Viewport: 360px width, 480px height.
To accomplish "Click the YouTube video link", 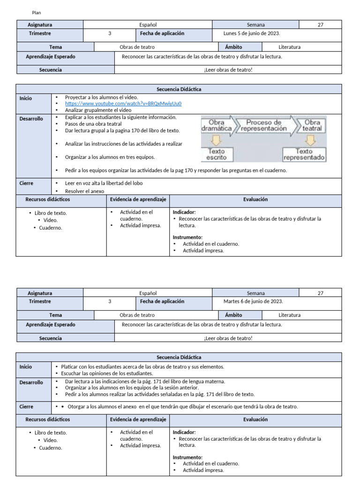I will [x=123, y=104].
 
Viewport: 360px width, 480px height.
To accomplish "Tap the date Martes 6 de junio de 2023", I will [x=253, y=301].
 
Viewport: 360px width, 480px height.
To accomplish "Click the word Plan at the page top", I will [x=37, y=13].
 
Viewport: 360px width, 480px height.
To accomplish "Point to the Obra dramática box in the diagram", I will [x=216, y=126].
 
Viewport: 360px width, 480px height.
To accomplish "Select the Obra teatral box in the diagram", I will [x=312, y=126].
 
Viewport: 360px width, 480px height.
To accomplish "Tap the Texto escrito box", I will [x=216, y=155].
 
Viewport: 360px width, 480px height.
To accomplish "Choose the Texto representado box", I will [x=304, y=155].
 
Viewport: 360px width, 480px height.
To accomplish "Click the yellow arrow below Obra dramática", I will [x=216, y=140].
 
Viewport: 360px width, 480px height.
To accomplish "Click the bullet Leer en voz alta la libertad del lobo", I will [x=104, y=183].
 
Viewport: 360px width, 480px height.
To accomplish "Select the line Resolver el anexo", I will [x=85, y=191].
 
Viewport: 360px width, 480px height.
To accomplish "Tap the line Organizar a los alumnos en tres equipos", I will [x=110, y=157].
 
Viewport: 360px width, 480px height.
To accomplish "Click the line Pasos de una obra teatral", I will [x=93, y=124].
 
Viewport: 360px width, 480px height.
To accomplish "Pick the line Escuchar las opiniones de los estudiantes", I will [x=107, y=373].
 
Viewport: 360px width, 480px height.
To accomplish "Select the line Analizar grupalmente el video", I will [x=98, y=110].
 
